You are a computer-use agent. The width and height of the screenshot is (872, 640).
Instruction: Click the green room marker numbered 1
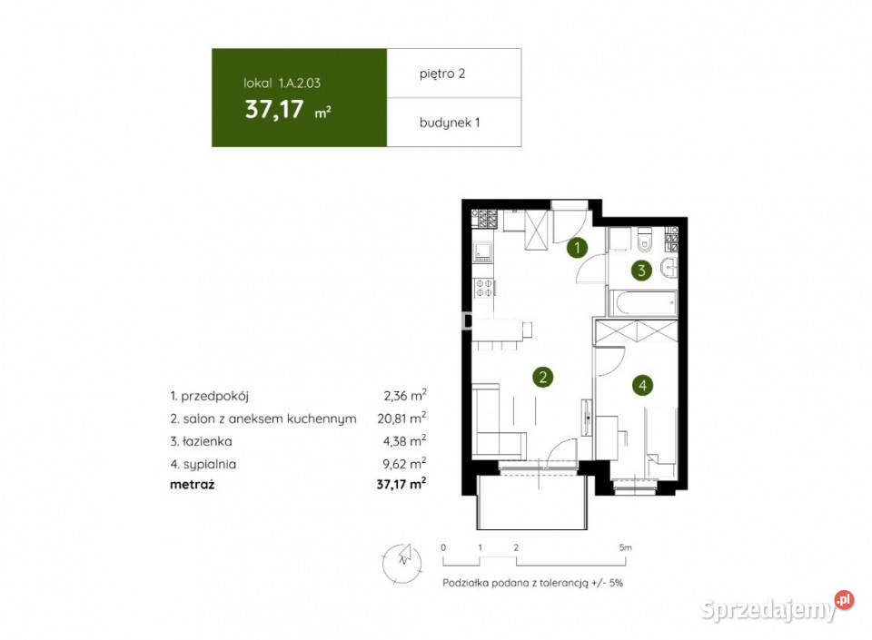[x=578, y=248]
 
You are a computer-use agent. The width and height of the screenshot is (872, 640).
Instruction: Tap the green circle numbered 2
[x=543, y=378]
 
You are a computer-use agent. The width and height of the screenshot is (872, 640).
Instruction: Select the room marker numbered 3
[x=642, y=271]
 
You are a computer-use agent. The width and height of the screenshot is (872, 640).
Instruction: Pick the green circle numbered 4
[x=643, y=385]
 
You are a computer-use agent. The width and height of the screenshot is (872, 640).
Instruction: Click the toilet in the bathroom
[x=645, y=240]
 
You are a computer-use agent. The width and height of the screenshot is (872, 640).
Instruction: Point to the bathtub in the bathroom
[x=643, y=303]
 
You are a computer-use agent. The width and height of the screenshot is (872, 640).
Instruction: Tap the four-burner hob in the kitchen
[x=483, y=288]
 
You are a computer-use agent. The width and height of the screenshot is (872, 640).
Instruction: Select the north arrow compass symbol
[x=402, y=563]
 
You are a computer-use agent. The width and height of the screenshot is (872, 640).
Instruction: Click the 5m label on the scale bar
[x=625, y=547]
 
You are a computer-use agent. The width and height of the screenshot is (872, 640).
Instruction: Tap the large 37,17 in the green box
[x=274, y=110]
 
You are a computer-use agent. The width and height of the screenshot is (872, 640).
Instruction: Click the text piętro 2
[x=442, y=74]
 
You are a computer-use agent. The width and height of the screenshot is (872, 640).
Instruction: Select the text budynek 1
[x=450, y=123]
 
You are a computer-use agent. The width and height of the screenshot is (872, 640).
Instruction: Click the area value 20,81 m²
[x=401, y=418]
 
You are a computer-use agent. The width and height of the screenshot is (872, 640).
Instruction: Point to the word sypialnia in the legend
[x=210, y=465]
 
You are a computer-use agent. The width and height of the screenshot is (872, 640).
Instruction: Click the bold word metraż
[x=192, y=485]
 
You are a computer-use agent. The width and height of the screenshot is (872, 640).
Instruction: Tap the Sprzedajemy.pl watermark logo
[x=777, y=608]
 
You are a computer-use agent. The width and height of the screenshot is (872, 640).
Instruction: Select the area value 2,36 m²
[x=405, y=395]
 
